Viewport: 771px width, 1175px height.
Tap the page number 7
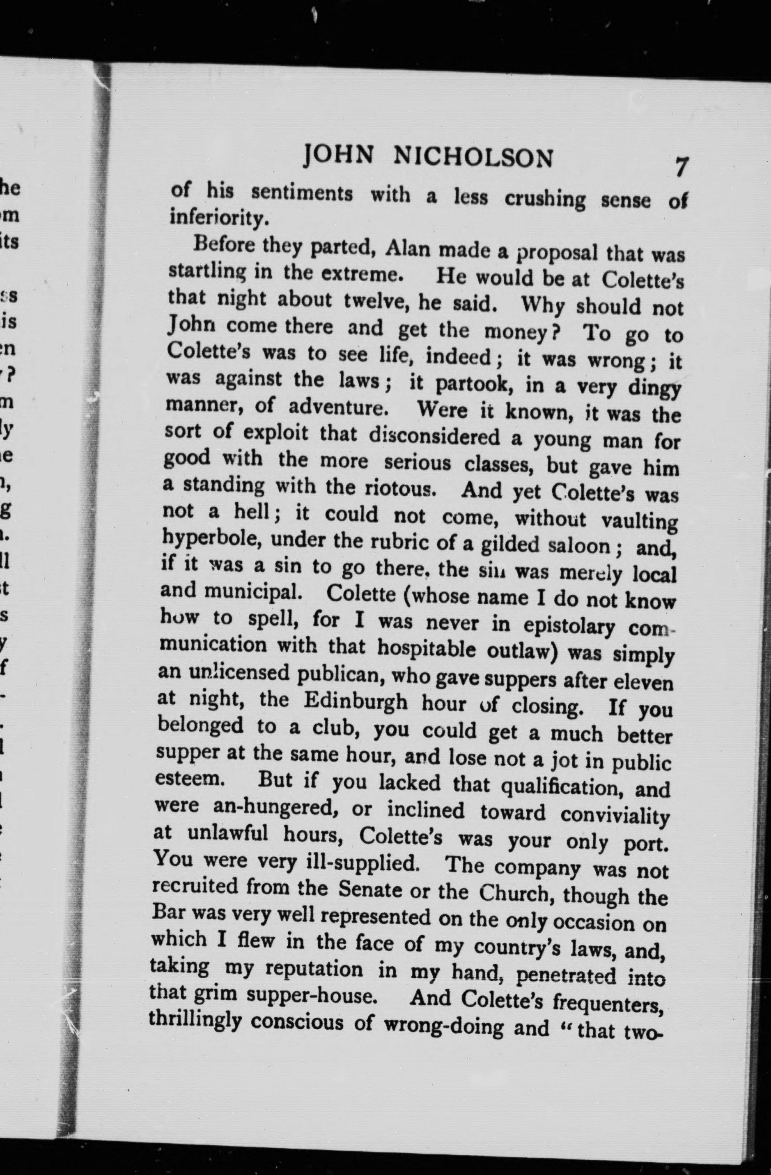pyautogui.click(x=681, y=166)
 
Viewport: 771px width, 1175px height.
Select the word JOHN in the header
pyautogui.click(x=339, y=154)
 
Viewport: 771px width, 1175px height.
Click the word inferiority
pyautogui.click(x=219, y=218)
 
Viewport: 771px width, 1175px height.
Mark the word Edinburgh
pyautogui.click(x=356, y=701)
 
